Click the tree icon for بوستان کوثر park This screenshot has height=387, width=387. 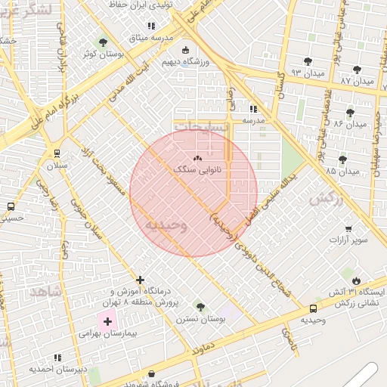pos(103,42)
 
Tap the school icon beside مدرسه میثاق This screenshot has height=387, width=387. pos(151,26)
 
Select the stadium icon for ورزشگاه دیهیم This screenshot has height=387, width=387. pos(186,50)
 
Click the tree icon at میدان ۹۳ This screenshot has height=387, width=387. pos(308,61)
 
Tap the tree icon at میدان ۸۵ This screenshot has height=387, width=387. pos(342,159)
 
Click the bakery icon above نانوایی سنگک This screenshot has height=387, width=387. pos(197,159)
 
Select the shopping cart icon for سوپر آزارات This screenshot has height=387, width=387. pos(348,229)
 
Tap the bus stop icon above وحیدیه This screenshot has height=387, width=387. pos(313,308)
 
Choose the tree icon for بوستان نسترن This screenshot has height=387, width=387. pos(200,307)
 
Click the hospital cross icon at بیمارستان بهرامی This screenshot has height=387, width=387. pos(107,321)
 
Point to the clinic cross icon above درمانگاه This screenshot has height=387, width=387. pos(140,280)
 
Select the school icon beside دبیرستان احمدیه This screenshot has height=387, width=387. pos(57,358)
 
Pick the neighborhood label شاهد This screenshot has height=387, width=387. pos(44,290)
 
